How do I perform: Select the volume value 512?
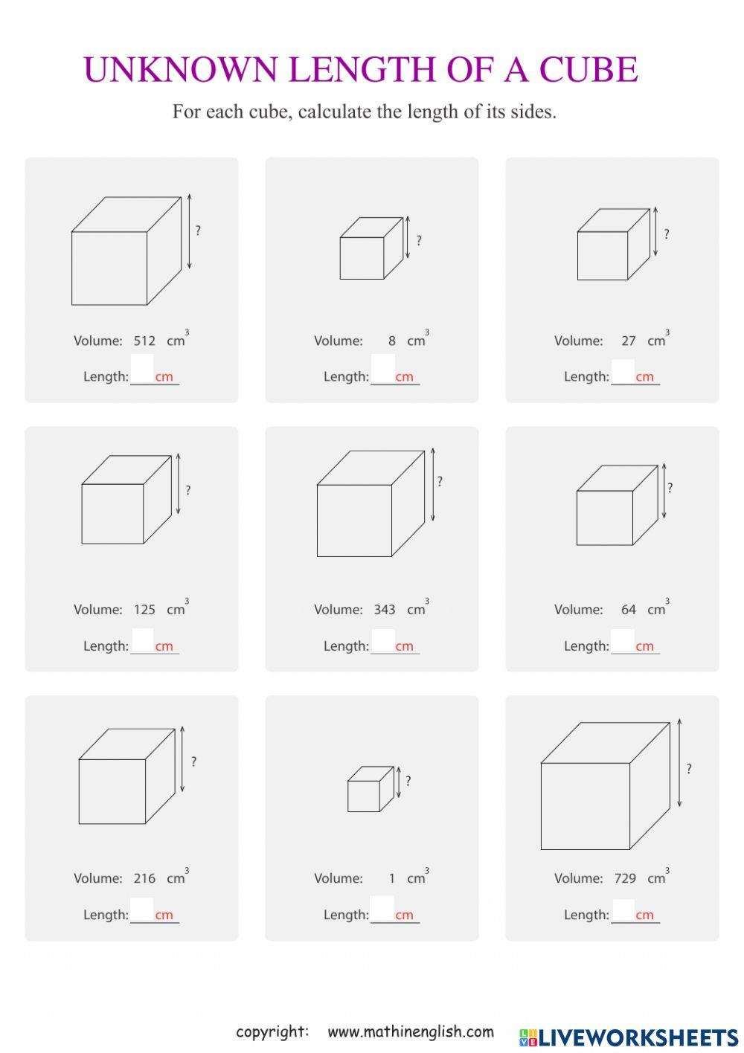click(144, 341)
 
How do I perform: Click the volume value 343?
click(385, 610)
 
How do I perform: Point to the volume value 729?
click(625, 878)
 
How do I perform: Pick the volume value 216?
click(144, 878)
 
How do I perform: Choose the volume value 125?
click(144, 610)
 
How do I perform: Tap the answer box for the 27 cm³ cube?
click(623, 370)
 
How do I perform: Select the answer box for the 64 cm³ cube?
click(623, 639)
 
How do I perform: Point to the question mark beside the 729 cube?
click(689, 769)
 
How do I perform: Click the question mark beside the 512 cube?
click(198, 231)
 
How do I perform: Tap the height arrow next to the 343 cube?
click(432, 484)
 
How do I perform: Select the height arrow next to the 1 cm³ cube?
click(399, 782)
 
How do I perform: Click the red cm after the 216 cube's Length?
click(164, 915)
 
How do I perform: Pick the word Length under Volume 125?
click(105, 646)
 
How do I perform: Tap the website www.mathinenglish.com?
click(411, 1032)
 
